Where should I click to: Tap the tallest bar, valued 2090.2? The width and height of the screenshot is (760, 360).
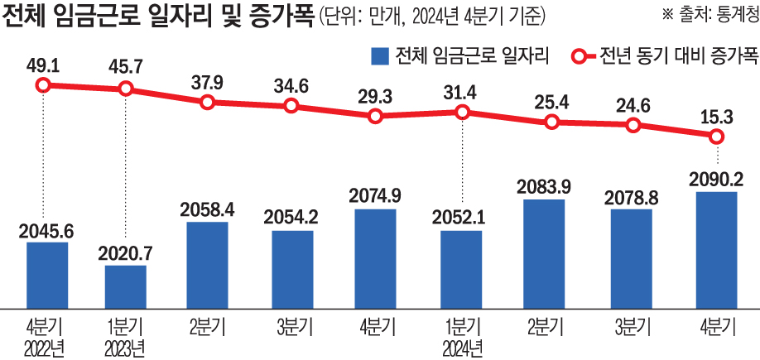(716, 247)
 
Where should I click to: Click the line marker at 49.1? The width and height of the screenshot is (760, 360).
(47, 84)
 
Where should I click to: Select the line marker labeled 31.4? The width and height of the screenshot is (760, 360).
(461, 113)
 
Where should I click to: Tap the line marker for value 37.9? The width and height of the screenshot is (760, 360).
(208, 102)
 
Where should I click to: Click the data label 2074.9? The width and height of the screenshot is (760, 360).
(376, 195)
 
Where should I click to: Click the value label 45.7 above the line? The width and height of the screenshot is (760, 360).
(126, 63)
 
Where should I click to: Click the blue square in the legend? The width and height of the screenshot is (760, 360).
(379, 57)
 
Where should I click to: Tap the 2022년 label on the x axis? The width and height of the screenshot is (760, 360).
(47, 346)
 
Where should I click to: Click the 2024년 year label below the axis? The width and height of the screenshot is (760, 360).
(461, 346)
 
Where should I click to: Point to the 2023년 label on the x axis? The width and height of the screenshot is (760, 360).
(126, 346)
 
